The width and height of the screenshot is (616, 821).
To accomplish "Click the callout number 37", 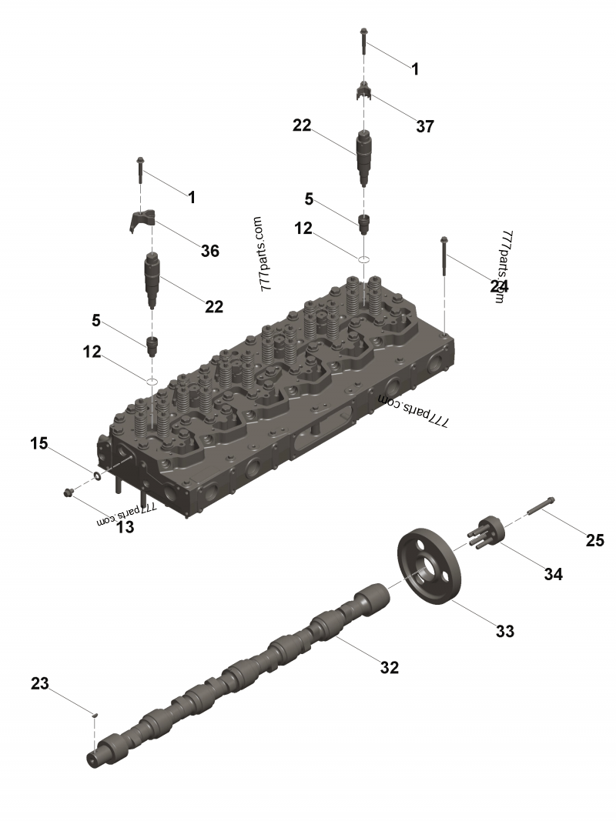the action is click(x=425, y=126).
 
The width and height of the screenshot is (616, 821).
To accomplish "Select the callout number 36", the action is click(x=210, y=251).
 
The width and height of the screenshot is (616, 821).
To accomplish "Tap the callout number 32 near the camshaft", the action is click(x=389, y=667).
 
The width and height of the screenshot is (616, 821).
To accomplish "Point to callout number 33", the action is click(x=505, y=631).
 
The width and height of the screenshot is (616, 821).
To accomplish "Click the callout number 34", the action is click(x=553, y=574).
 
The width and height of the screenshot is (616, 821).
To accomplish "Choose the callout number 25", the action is click(x=594, y=540).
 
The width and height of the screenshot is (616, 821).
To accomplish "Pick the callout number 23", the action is click(x=40, y=683).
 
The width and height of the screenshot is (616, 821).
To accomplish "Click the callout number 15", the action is click(x=38, y=443).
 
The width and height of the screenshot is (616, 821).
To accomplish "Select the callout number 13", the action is click(x=125, y=527).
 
